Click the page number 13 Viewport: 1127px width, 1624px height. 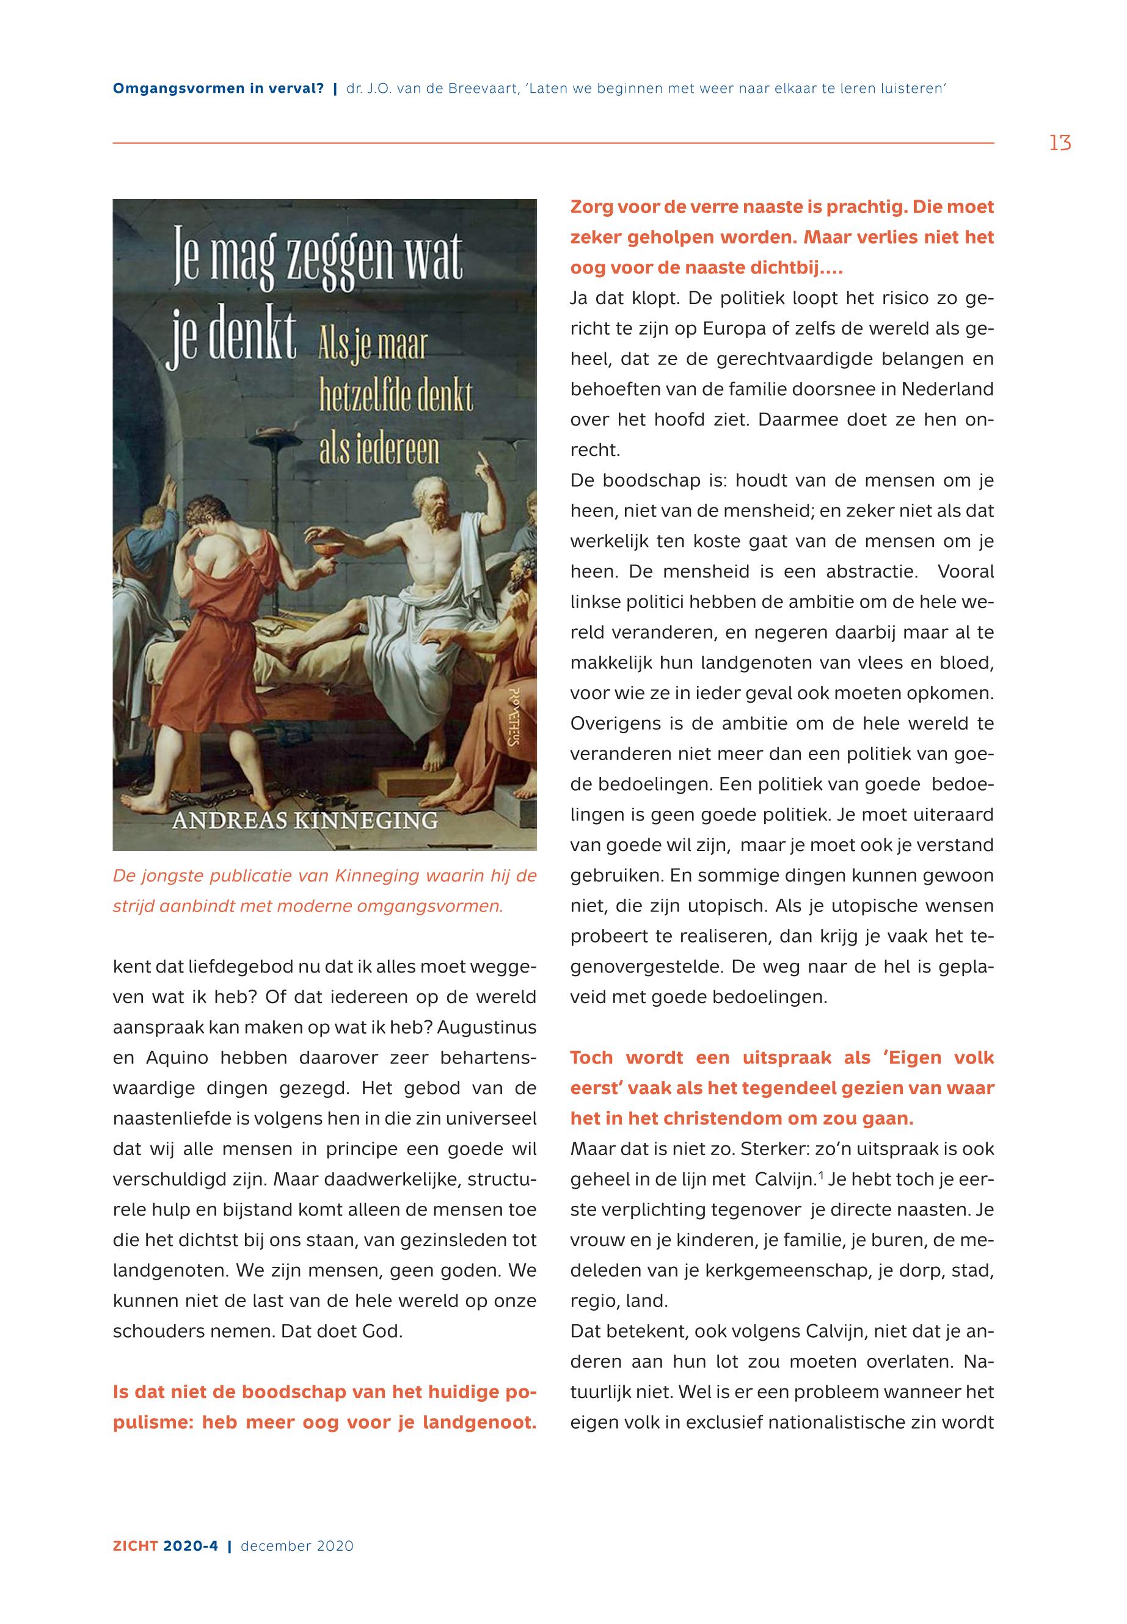pos(1059,143)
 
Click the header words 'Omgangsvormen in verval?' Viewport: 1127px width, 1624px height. pos(218,89)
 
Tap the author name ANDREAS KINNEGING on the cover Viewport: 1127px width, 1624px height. pos(305,821)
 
